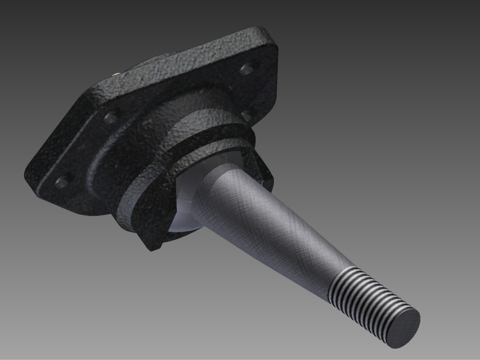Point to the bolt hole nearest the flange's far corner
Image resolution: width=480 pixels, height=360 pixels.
246,69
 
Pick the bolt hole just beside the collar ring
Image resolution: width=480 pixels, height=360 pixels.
246,115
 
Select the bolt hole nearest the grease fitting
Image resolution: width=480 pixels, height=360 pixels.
111,118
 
